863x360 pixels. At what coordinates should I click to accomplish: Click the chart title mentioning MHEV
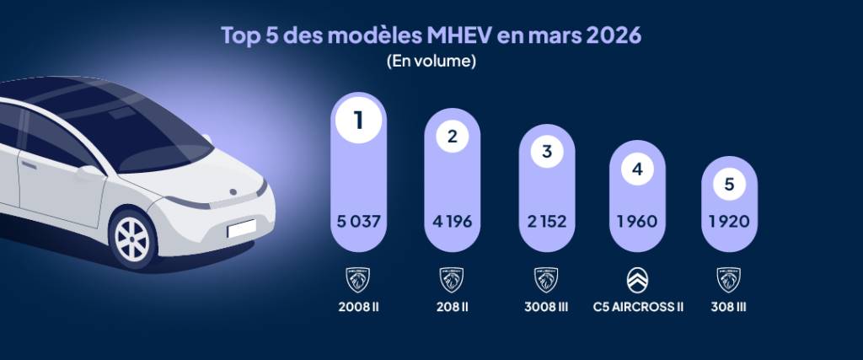click(x=431, y=36)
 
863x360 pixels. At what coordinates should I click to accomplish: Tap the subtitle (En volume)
click(x=431, y=62)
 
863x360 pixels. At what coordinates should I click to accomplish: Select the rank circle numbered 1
click(x=358, y=121)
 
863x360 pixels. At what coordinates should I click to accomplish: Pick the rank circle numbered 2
click(x=452, y=137)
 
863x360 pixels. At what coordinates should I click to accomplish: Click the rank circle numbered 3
click(x=546, y=152)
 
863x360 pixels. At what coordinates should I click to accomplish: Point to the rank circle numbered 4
click(x=637, y=169)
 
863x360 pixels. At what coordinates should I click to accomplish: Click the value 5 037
click(x=358, y=222)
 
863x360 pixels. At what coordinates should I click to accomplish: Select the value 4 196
click(x=452, y=222)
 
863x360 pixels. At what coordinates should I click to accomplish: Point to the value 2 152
click(x=546, y=222)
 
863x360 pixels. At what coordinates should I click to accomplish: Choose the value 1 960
click(x=637, y=222)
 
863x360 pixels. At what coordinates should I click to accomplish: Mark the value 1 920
click(x=729, y=222)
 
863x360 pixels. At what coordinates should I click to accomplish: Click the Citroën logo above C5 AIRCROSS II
click(x=638, y=279)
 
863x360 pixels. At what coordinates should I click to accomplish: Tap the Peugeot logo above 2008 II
click(x=358, y=279)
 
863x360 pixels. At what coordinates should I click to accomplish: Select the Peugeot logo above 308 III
click(x=729, y=279)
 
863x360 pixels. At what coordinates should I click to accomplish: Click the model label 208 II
click(x=452, y=306)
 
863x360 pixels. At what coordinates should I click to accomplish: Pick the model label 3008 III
click(x=546, y=306)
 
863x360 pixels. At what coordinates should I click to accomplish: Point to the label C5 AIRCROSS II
click(x=638, y=306)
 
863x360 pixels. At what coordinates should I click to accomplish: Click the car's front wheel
click(x=133, y=239)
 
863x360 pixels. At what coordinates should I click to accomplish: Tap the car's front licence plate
click(x=243, y=228)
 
